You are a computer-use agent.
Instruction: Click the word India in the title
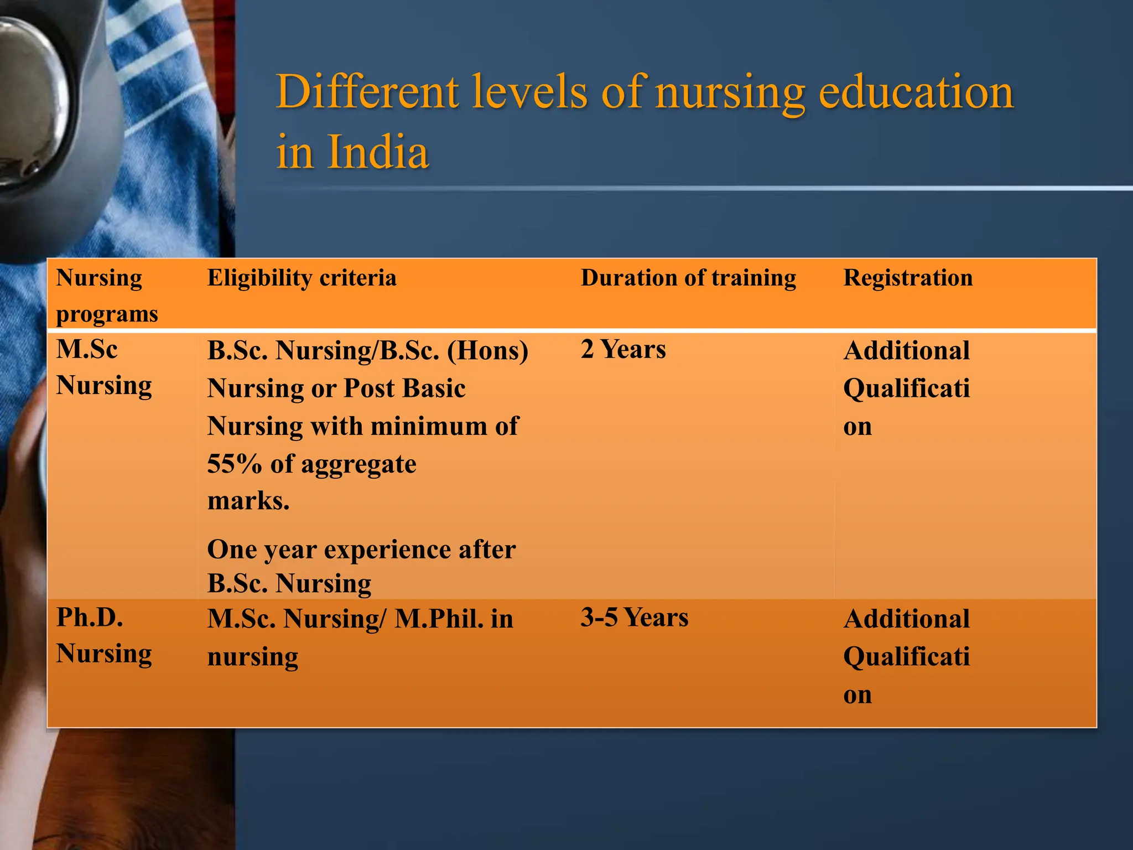click(x=378, y=152)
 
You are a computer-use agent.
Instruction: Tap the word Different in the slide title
click(x=367, y=92)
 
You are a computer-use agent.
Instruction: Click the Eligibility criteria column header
click(x=302, y=278)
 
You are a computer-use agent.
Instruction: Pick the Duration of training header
click(x=688, y=278)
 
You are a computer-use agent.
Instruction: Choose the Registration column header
click(x=908, y=278)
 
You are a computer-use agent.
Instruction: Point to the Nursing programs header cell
click(x=107, y=296)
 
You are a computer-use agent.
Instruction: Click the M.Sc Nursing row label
click(x=103, y=367)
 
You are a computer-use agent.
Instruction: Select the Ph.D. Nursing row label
click(x=103, y=635)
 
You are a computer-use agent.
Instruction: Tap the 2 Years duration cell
click(x=623, y=350)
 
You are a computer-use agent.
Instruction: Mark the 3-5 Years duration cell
click(x=634, y=618)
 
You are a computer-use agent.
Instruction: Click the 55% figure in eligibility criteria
click(x=234, y=464)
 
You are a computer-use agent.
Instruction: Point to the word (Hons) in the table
click(x=487, y=351)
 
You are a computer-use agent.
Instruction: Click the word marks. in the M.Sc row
click(x=248, y=501)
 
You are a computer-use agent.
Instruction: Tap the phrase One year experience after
click(x=361, y=550)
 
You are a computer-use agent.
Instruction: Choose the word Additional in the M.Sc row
click(x=906, y=351)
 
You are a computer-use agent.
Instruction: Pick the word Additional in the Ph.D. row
click(x=906, y=619)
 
